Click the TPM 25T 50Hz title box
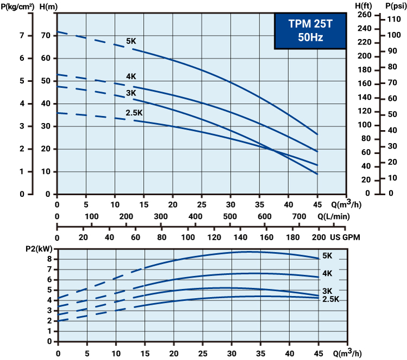[x=309, y=31]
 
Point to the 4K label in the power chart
[x=327, y=274]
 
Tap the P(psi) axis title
[x=394, y=6]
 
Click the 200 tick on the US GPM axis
[x=318, y=237]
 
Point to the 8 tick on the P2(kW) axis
[x=49, y=259]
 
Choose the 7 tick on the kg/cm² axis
[x=21, y=36]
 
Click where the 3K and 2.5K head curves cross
[x=272, y=150]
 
